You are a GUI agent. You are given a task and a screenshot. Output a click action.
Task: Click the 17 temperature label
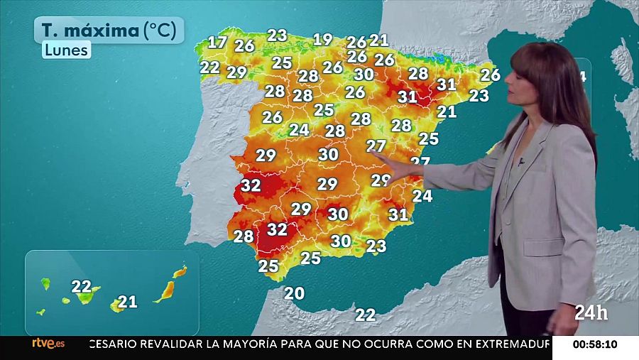217,42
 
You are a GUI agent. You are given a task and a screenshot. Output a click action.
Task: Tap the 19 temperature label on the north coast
323,39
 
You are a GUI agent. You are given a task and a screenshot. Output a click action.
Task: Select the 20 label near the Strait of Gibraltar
294,293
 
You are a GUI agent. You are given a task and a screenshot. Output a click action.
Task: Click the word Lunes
66,50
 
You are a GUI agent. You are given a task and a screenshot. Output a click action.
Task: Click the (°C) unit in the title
162,31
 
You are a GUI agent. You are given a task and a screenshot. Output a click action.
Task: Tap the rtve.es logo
48,344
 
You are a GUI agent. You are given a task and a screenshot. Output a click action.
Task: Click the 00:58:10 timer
595,344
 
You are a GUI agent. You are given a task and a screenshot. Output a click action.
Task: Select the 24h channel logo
591,312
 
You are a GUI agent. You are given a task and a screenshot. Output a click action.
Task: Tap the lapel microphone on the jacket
521,162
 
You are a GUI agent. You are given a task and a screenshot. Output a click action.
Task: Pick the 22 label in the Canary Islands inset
82,287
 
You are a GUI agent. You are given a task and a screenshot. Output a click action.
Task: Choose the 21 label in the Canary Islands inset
128,302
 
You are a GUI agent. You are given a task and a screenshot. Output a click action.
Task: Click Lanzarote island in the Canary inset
180,271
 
